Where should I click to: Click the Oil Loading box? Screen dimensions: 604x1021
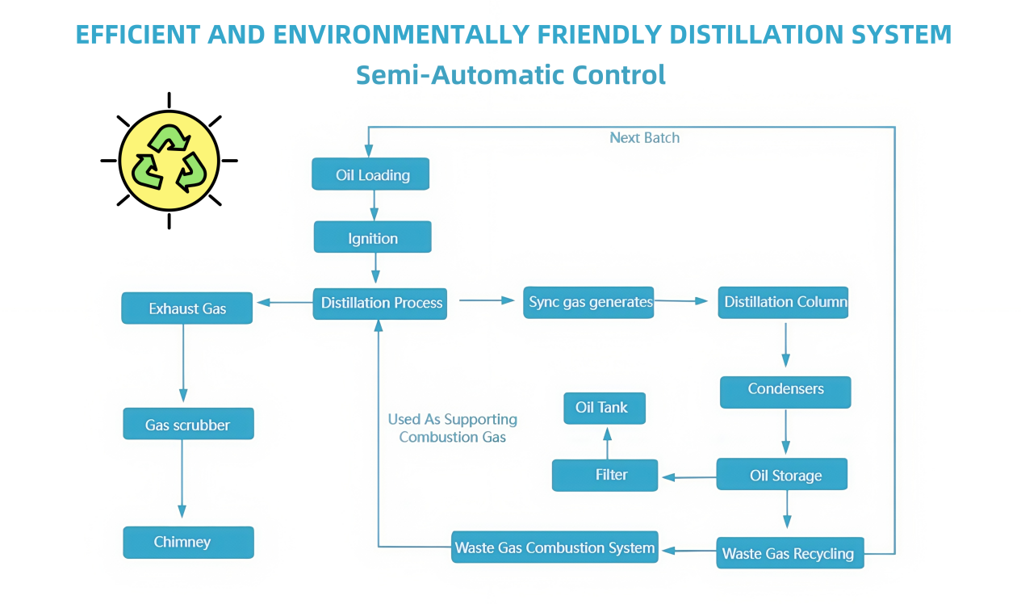point(370,174)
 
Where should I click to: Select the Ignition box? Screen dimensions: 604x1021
point(372,237)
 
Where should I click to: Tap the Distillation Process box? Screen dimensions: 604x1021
point(380,303)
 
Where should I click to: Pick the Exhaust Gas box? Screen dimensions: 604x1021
point(187,308)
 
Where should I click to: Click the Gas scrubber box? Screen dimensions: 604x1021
point(188,424)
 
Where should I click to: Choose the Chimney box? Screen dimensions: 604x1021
point(188,542)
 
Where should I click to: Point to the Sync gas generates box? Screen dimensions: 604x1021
point(588,302)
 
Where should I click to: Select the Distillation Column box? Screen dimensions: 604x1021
point(783,302)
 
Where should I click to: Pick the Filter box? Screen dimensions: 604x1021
point(605,475)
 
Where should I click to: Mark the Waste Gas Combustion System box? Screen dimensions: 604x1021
point(554,547)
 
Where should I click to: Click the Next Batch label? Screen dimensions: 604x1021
point(644,138)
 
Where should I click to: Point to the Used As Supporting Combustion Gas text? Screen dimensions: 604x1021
point(452,428)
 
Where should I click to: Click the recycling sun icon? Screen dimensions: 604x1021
point(169,161)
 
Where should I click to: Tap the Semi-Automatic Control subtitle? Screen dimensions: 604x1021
point(510,74)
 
